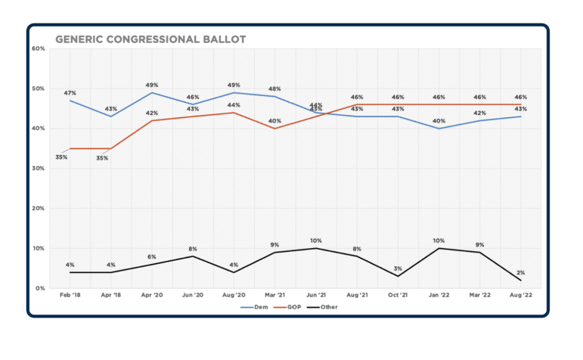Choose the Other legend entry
pos(329,307)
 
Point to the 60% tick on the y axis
pos(39,48)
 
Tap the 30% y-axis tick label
pos(39,168)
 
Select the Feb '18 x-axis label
pos(70,296)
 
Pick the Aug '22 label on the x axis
pos(521,296)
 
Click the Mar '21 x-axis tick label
pos(274,296)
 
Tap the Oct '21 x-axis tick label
pos(398,296)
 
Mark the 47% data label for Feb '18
pos(70,93)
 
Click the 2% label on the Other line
pos(521,272)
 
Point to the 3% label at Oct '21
pos(398,268)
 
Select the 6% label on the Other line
pos(151,256)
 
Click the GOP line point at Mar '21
pos(274,129)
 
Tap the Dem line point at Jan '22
pos(439,129)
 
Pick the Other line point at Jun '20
pos(193,256)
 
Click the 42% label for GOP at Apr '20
pos(151,113)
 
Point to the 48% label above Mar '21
pos(274,88)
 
